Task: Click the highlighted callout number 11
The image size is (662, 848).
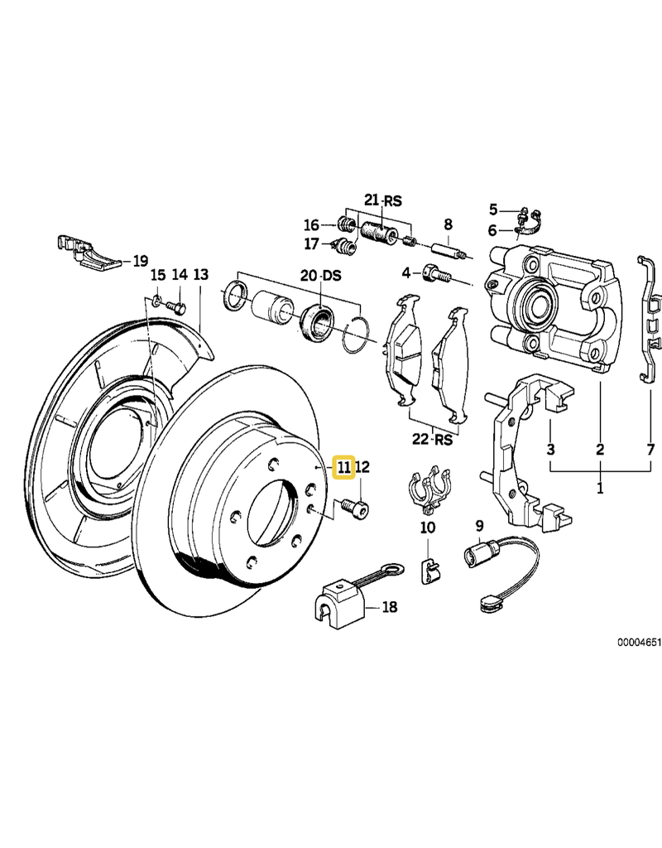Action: (343, 468)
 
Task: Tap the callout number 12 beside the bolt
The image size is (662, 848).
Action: (362, 468)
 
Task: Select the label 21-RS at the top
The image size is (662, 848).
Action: (382, 200)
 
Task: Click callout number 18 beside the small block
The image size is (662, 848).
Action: (388, 607)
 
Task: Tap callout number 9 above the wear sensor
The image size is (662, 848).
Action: (478, 525)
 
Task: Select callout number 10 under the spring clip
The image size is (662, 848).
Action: (427, 527)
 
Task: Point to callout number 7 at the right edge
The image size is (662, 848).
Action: (650, 450)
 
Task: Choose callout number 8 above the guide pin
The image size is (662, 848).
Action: (448, 224)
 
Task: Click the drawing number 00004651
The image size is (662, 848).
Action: (637, 641)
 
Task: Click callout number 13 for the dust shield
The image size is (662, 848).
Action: (201, 274)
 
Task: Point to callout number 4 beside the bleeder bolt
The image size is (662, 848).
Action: (406, 272)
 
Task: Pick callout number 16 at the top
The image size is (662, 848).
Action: (311, 224)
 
